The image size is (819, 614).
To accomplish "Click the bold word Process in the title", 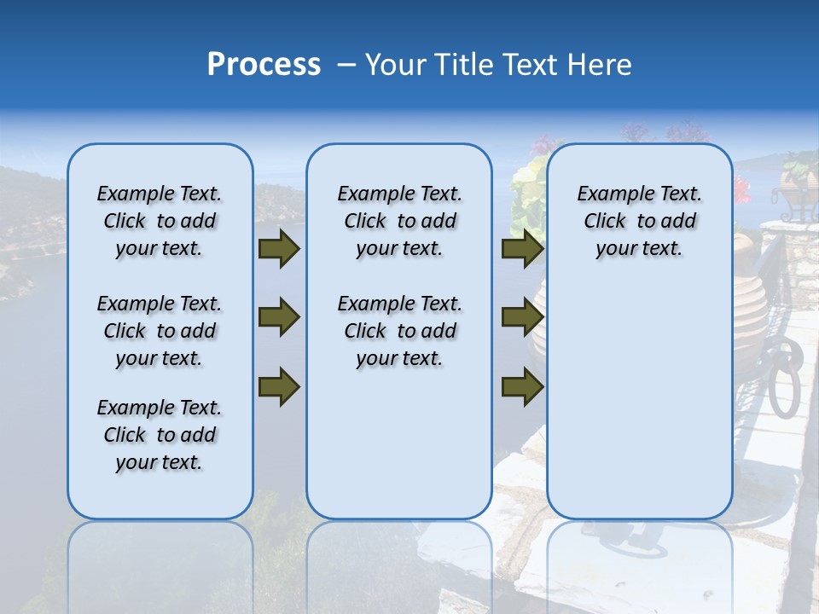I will click(264, 65).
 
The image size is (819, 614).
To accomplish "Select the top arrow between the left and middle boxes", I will click(279, 249).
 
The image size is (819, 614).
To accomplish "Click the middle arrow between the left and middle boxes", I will click(279, 317).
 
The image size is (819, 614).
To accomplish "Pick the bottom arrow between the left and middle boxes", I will click(279, 387).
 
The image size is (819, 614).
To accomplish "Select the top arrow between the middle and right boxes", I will click(522, 249).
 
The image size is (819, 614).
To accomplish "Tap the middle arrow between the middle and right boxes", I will click(522, 317).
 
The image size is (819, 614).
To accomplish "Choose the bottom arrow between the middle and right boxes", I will click(522, 387).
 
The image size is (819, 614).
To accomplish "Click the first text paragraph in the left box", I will click(160, 221).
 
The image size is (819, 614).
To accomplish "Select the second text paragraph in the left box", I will click(160, 331).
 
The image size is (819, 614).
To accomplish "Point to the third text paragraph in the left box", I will click(160, 435).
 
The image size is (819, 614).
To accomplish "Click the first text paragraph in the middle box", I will click(400, 221).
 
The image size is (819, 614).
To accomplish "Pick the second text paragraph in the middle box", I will click(400, 331).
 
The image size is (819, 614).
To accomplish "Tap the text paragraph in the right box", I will click(640, 221).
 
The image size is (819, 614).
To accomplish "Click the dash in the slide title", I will click(346, 65).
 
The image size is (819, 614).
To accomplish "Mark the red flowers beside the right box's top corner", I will click(741, 188).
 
